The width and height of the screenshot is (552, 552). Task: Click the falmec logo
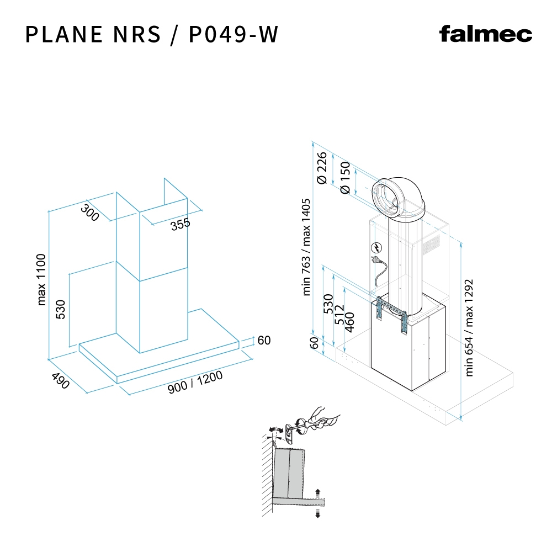click(x=486, y=34)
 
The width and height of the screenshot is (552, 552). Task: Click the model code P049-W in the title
click(x=233, y=34)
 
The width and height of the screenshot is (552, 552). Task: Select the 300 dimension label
click(x=90, y=212)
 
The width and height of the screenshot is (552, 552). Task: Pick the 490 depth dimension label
click(x=60, y=381)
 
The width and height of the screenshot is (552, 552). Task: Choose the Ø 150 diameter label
click(x=346, y=177)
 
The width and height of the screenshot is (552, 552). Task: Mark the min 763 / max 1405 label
click(x=307, y=247)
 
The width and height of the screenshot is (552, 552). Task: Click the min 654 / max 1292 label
click(x=470, y=327)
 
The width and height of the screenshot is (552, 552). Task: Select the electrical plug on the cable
click(x=376, y=260)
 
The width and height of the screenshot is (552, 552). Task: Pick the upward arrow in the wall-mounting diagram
click(x=317, y=492)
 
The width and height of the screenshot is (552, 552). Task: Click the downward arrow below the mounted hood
click(x=317, y=514)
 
